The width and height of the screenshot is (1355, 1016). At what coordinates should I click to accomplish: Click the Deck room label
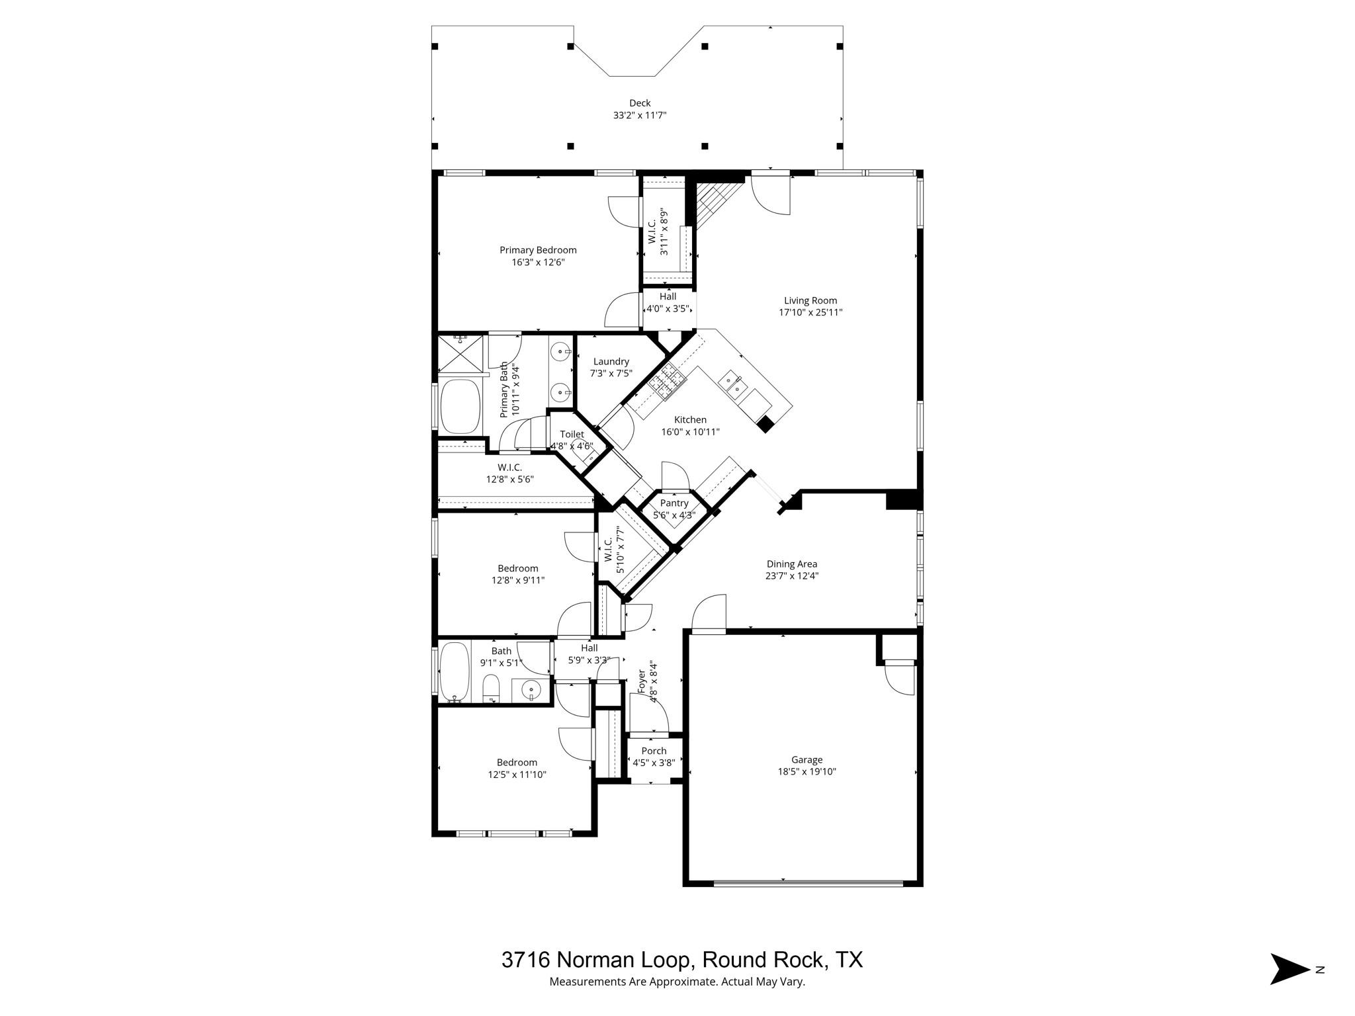(639, 103)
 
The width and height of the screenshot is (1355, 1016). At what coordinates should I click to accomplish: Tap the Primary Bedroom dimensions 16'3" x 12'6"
(537, 263)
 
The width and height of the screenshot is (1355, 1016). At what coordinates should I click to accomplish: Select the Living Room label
(810, 300)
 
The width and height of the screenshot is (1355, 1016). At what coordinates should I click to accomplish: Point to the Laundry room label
(611, 361)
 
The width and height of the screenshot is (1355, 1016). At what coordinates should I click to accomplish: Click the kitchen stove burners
(666, 382)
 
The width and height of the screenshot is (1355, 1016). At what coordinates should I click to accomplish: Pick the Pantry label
(674, 503)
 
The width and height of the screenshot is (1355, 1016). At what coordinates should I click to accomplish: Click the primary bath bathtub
(459, 405)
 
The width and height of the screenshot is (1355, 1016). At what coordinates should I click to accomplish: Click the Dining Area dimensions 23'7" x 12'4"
(791, 576)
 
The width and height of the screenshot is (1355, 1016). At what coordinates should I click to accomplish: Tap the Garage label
(807, 760)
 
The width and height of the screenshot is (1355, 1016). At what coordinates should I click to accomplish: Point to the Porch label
(654, 751)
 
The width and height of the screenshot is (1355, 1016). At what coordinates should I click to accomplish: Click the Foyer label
(641, 682)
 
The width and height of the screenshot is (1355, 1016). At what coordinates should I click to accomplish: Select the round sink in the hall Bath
(531, 691)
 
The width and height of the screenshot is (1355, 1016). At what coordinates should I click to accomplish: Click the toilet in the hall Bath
(490, 688)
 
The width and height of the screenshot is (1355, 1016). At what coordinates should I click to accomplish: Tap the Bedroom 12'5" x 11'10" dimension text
(517, 775)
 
